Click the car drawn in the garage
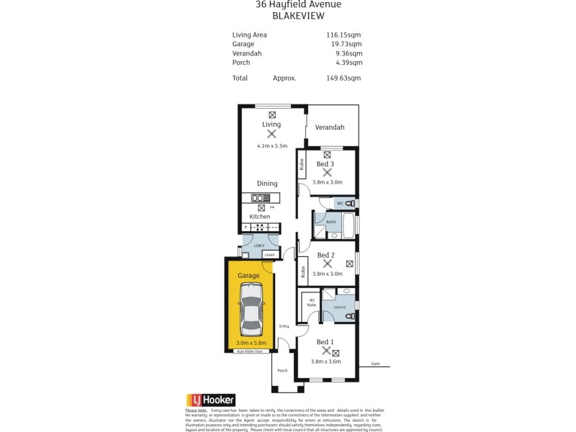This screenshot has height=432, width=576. pyautogui.click(x=252, y=310)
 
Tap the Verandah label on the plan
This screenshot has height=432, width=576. pyautogui.click(x=329, y=127)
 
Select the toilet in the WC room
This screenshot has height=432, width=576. pyautogui.click(x=348, y=204)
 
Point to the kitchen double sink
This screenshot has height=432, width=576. pyautogui.click(x=257, y=198)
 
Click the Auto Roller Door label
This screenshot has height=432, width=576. pyautogui.click(x=251, y=351)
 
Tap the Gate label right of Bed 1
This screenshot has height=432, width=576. pyautogui.click(x=375, y=364)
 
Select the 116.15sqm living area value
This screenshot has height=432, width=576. pyautogui.click(x=343, y=34)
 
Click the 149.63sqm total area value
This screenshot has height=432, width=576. pyautogui.click(x=343, y=78)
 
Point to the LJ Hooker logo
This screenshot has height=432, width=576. pyautogui.click(x=211, y=400)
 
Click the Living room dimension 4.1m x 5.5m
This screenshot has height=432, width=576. pyautogui.click(x=271, y=146)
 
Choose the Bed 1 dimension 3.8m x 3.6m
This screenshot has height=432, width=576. pyautogui.click(x=326, y=361)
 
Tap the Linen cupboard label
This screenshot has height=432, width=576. pyautogui.click(x=269, y=255)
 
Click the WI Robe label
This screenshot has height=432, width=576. pyautogui.click(x=312, y=302)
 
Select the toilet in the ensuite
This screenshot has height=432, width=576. pyautogui.click(x=348, y=315)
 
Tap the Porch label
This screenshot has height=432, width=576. pyautogui.click(x=282, y=371)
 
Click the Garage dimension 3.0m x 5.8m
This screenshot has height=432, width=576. pyautogui.click(x=251, y=343)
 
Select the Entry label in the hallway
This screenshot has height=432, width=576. pyautogui.click(x=284, y=326)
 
